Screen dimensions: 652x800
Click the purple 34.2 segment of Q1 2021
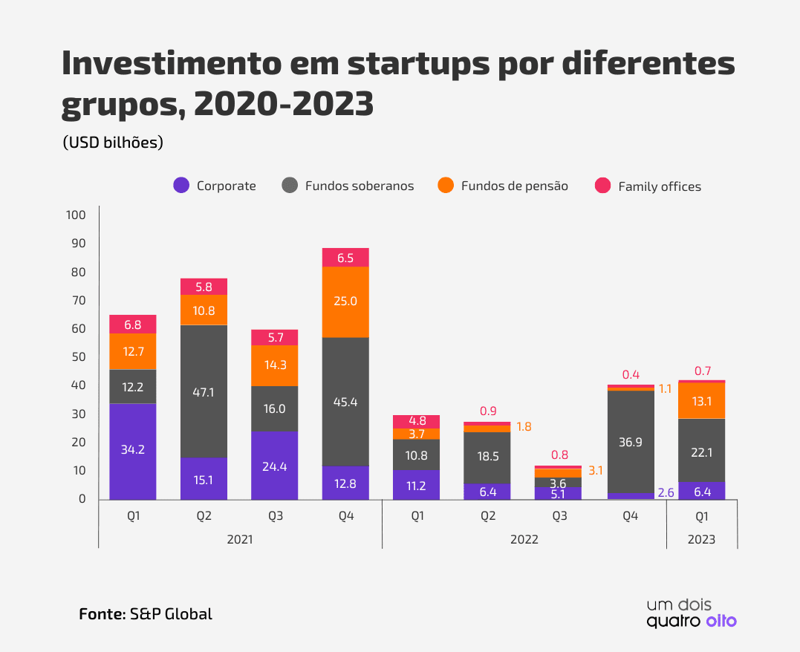coord(133,451)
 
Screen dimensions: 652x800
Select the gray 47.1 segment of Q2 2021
coord(204,391)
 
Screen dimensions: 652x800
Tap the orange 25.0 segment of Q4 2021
coord(345,301)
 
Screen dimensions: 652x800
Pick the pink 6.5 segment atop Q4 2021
coord(345,257)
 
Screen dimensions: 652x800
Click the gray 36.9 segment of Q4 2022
coord(631,442)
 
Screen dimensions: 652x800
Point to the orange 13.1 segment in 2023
coord(701,401)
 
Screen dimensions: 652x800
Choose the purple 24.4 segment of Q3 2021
coord(274,466)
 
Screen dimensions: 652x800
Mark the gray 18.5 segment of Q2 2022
coord(488,457)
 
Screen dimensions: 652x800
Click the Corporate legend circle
coord(181,186)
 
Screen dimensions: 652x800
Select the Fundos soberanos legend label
coord(360,186)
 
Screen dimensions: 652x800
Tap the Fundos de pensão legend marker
coord(446,186)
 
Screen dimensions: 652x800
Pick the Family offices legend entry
coord(660,186)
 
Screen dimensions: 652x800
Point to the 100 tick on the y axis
coord(77,215)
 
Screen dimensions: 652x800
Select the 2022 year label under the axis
coord(524,540)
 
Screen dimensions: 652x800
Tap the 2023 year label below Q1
coord(701,540)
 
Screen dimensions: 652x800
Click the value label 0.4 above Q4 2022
coord(631,375)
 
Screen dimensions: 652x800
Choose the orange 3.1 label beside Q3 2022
coord(596,471)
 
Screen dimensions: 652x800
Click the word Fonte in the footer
coord(101,614)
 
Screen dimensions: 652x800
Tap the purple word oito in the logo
coord(721,621)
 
